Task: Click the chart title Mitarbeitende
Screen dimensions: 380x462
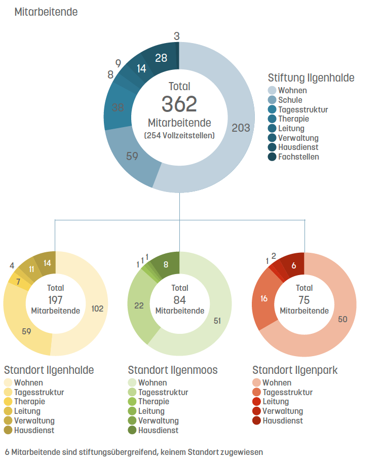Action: click(x=46, y=12)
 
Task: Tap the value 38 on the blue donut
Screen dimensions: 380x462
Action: click(x=118, y=107)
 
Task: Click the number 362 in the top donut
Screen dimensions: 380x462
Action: click(x=179, y=104)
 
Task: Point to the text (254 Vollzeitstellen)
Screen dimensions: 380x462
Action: click(x=179, y=136)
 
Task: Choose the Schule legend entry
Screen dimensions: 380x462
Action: click(x=285, y=100)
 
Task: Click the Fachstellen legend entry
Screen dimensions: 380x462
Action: click(x=293, y=157)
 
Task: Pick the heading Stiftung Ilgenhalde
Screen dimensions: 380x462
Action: click(x=311, y=78)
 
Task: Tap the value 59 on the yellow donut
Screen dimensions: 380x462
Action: click(x=26, y=331)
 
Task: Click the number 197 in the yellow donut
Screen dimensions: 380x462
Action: click(x=55, y=300)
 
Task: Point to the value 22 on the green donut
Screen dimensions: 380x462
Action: click(x=139, y=305)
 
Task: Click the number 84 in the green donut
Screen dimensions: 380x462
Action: click(x=179, y=300)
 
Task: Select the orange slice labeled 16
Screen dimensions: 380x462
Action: click(x=263, y=299)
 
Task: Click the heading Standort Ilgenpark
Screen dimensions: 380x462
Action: click(x=295, y=370)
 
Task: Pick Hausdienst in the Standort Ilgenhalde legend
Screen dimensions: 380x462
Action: click(x=29, y=430)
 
